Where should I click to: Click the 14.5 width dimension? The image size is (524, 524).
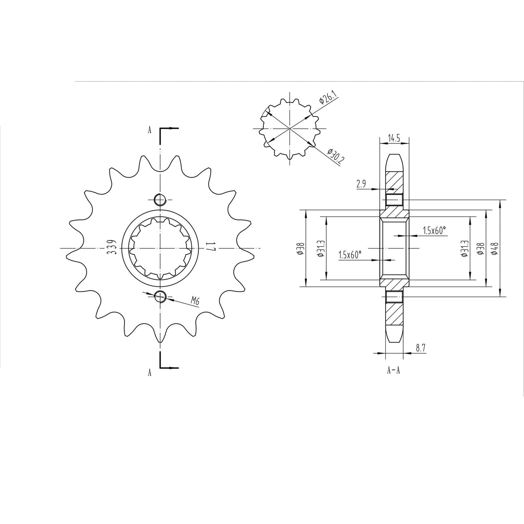point(394,138)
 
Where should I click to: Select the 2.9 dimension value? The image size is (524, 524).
point(361,184)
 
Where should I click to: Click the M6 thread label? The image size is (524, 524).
point(196,300)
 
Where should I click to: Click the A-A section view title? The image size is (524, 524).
point(393,370)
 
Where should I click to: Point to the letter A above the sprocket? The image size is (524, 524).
point(149,131)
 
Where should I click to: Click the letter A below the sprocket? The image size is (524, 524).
point(149,372)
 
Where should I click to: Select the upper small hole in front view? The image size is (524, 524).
point(160,199)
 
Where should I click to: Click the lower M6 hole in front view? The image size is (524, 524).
point(160,297)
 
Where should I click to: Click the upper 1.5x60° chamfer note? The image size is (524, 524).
point(434,230)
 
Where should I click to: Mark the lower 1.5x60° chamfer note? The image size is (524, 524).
point(350,255)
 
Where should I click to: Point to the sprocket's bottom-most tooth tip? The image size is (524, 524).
point(160,342)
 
